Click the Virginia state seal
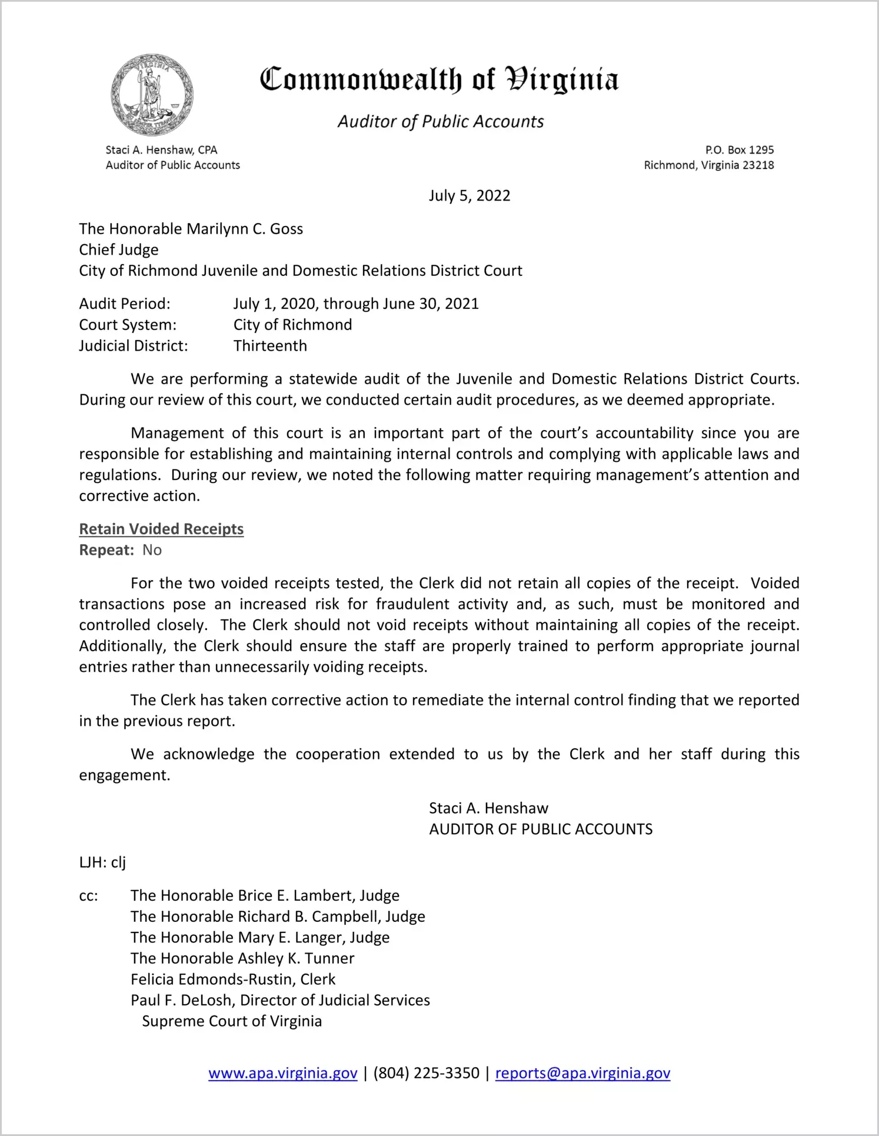click(152, 95)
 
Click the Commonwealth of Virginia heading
click(439, 79)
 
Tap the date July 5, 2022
click(469, 196)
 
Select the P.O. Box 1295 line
click(739, 150)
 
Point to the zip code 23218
click(758, 165)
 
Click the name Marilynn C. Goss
click(245, 229)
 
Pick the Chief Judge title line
click(119, 250)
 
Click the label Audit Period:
click(125, 304)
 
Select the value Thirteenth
click(270, 346)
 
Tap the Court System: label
click(128, 325)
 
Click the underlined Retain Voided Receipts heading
click(161, 529)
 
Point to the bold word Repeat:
click(106, 550)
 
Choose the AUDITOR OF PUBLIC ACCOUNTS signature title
click(541, 829)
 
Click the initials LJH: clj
click(102, 862)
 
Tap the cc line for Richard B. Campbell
click(278, 917)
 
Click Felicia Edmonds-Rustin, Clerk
click(233, 980)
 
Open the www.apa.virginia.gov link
click(283, 1074)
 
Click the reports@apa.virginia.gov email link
click(582, 1074)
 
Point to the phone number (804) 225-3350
click(426, 1074)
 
